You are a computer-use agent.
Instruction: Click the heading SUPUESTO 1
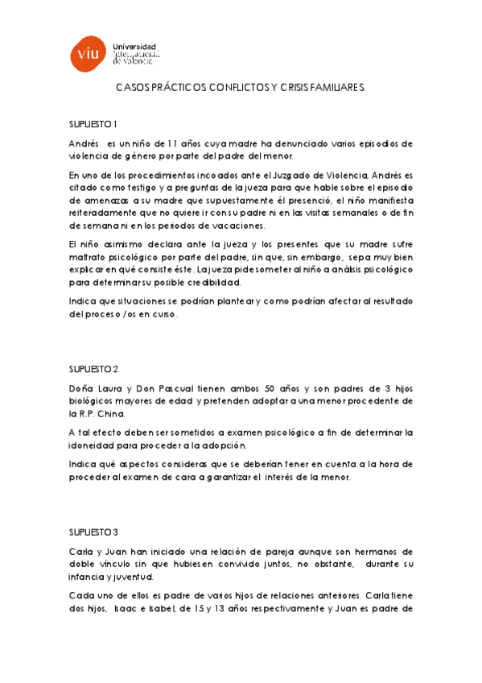click(93, 123)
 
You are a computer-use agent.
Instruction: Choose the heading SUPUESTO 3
click(93, 532)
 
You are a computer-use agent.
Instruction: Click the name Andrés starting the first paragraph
click(84, 143)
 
